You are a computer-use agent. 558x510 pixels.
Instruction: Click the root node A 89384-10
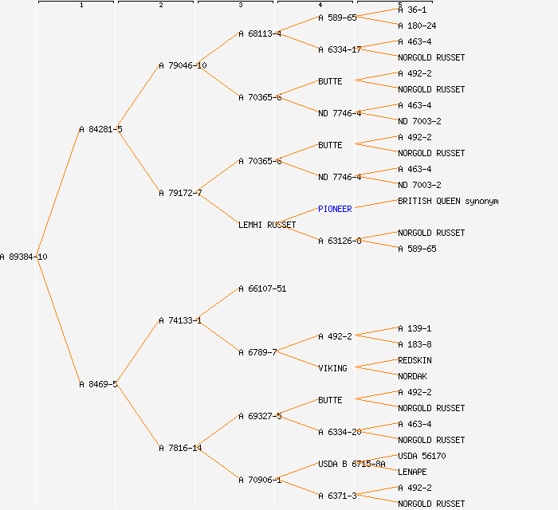click(x=24, y=257)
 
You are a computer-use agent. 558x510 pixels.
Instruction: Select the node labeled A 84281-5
click(x=100, y=129)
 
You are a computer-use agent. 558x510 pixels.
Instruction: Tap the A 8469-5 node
click(x=98, y=384)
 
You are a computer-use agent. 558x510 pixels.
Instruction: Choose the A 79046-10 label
click(x=183, y=65)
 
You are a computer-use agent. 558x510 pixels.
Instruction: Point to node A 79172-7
click(x=180, y=193)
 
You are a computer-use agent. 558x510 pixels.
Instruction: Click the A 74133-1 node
click(x=180, y=320)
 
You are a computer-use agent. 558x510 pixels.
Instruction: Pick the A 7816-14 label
click(x=180, y=448)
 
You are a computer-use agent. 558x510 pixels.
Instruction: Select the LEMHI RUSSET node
click(x=267, y=225)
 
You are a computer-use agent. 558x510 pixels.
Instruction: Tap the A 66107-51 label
click(x=262, y=288)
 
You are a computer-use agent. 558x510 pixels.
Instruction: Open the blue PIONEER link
click(x=335, y=209)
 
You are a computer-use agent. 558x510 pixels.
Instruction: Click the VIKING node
click(x=332, y=368)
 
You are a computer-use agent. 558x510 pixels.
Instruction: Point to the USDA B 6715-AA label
click(x=352, y=464)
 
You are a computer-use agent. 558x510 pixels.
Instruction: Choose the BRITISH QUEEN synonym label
click(x=448, y=201)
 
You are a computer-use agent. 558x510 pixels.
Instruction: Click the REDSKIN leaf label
click(x=415, y=360)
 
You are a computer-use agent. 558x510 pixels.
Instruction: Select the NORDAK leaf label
click(x=412, y=376)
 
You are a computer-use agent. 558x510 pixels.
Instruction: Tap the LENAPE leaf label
click(x=412, y=472)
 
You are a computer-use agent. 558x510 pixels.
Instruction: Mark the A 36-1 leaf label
click(x=412, y=10)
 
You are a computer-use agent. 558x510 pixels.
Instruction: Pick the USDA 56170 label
click(x=422, y=456)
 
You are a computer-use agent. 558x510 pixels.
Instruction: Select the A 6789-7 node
click(x=257, y=352)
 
